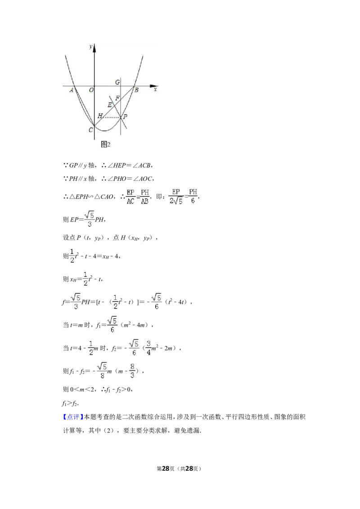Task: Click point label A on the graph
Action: tap(72, 90)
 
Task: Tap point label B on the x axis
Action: tap(136, 90)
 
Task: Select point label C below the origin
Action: tap(90, 130)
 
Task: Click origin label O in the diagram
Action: tap(91, 90)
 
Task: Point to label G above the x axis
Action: tap(117, 82)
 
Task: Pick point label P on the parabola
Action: tap(126, 116)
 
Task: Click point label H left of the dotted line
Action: tap(100, 116)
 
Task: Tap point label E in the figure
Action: tap(110, 105)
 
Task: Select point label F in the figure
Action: tap(117, 98)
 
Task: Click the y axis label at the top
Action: tap(90, 46)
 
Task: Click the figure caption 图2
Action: tap(106, 144)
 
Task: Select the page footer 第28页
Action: tap(166, 469)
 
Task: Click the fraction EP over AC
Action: tap(130, 196)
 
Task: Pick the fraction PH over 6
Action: tap(193, 196)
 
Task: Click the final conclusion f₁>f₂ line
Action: tap(70, 403)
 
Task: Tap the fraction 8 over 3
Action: tap(132, 371)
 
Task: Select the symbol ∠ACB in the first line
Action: tap(142, 165)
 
